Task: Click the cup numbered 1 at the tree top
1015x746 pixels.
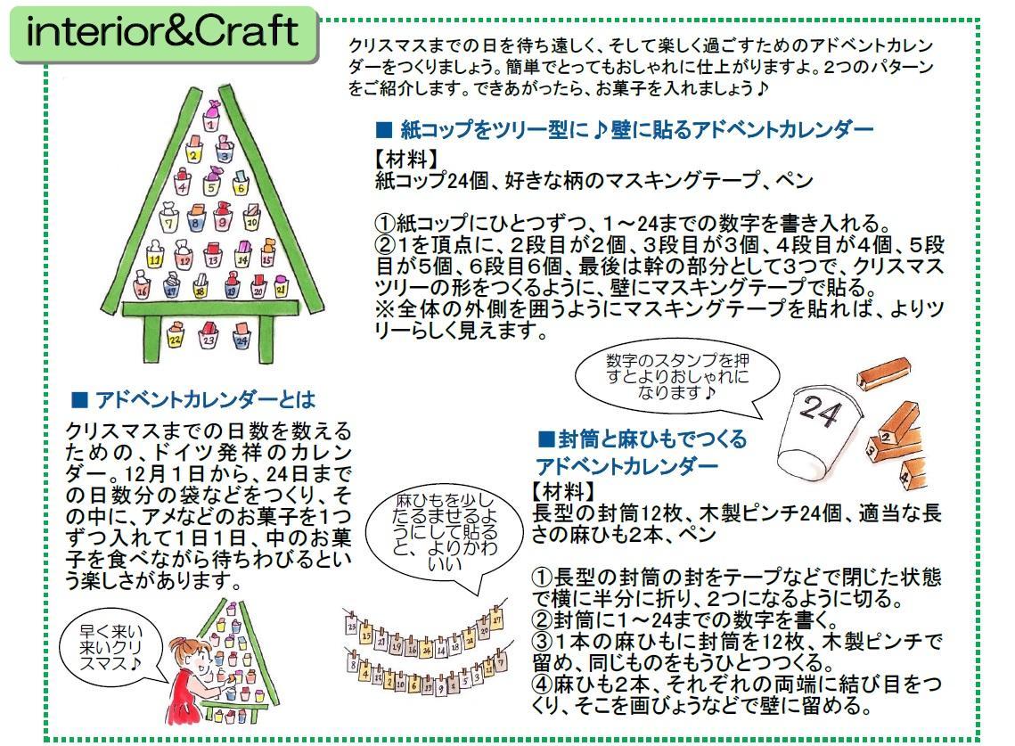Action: pyautogui.click(x=209, y=122)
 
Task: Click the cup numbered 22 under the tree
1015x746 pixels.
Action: pyautogui.click(x=176, y=338)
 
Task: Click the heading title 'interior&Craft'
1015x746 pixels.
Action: pyautogui.click(x=162, y=33)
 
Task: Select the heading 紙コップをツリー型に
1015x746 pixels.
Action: pyautogui.click(x=624, y=130)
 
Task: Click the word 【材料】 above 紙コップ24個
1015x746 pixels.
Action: pyautogui.click(x=406, y=159)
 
